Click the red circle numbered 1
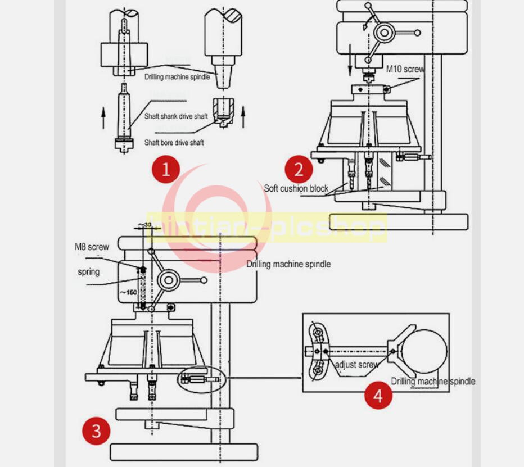coord(166,169)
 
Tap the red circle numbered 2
coord(299,169)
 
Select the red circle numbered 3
coord(96,431)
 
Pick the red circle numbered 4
coord(378,395)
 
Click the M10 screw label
coord(405,69)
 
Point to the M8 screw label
coord(92,247)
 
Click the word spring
coord(88,272)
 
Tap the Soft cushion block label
coord(296,188)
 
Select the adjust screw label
coord(356,365)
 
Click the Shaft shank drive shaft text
coord(176,116)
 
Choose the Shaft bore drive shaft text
coord(174,143)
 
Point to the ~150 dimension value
coord(128,292)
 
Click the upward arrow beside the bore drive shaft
coord(243,118)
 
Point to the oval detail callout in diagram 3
coord(200,379)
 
